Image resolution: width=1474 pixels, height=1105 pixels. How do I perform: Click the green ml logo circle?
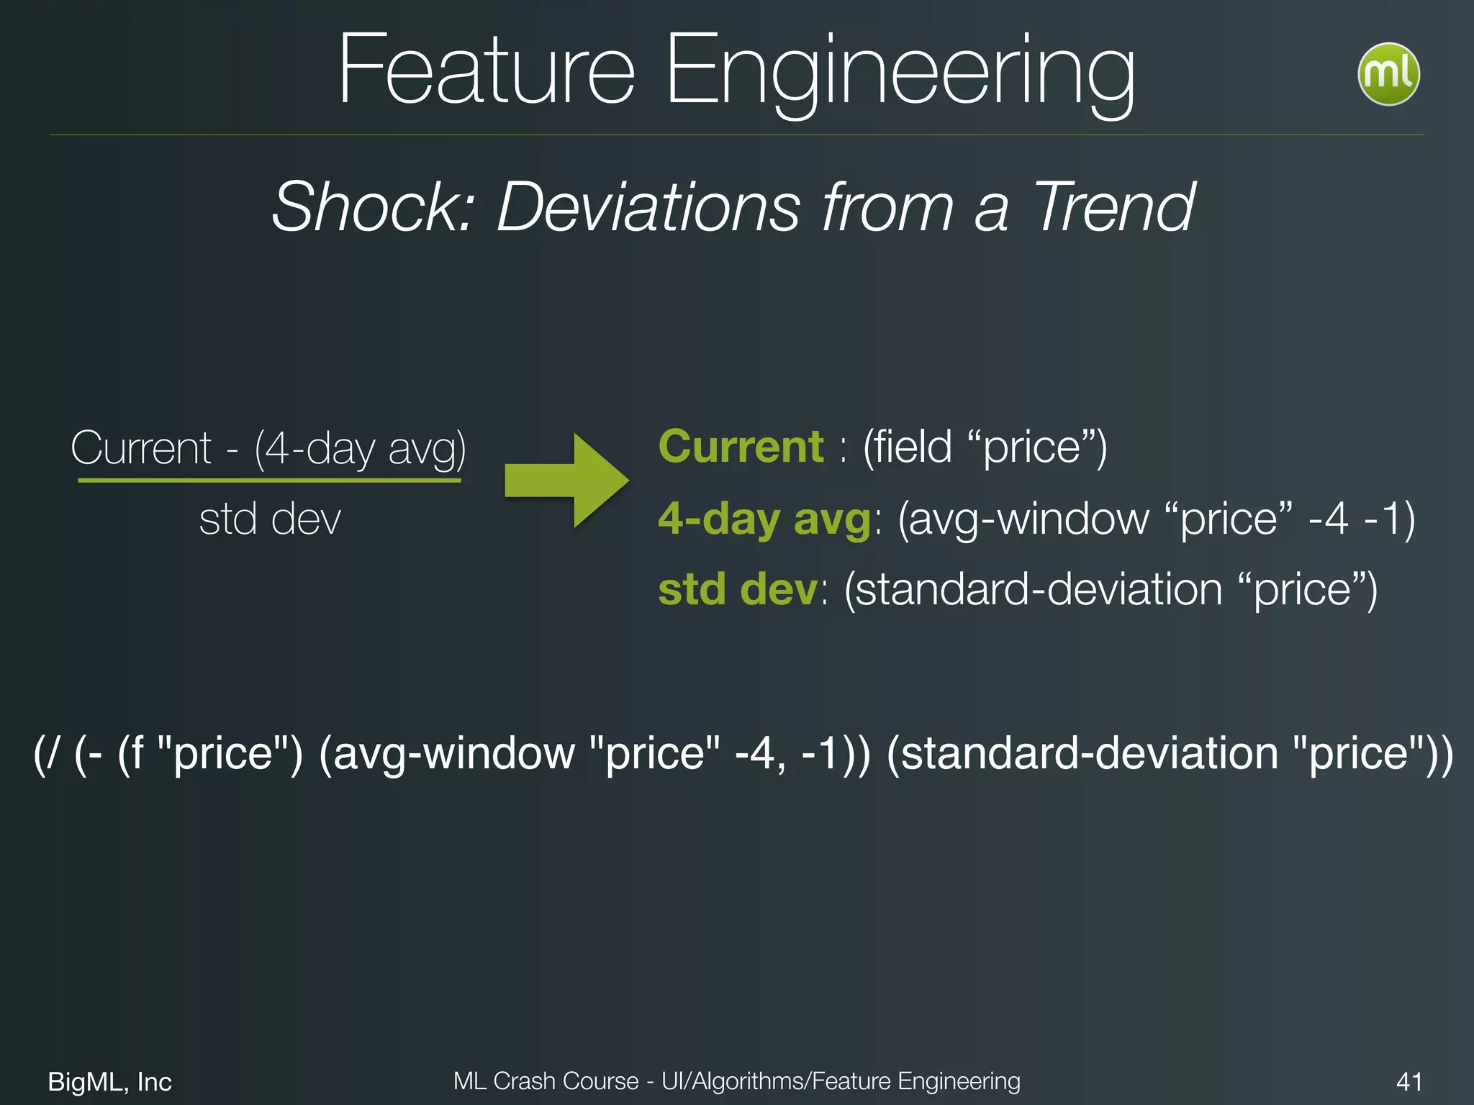(x=1388, y=74)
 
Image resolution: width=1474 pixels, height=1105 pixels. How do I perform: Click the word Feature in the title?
(x=487, y=70)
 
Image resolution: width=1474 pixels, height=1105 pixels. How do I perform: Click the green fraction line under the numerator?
(x=269, y=479)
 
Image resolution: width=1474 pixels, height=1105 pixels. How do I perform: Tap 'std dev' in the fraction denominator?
(x=270, y=519)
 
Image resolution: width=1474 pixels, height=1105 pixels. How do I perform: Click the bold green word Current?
(x=741, y=447)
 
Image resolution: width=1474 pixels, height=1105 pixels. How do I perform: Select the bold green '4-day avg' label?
(x=765, y=519)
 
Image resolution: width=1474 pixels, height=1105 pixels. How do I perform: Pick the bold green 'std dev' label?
(x=738, y=589)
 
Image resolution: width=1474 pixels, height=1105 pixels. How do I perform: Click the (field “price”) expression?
(x=985, y=447)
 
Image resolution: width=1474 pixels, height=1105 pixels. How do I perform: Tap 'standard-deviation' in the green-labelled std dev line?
(x=1033, y=589)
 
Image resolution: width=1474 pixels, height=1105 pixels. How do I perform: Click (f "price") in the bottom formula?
(x=210, y=754)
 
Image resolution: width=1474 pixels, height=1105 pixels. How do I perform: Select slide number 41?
(x=1409, y=1081)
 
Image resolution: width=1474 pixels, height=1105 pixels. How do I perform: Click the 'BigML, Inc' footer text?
(x=109, y=1081)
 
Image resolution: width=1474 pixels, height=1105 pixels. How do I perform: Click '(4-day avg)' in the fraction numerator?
(x=360, y=449)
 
